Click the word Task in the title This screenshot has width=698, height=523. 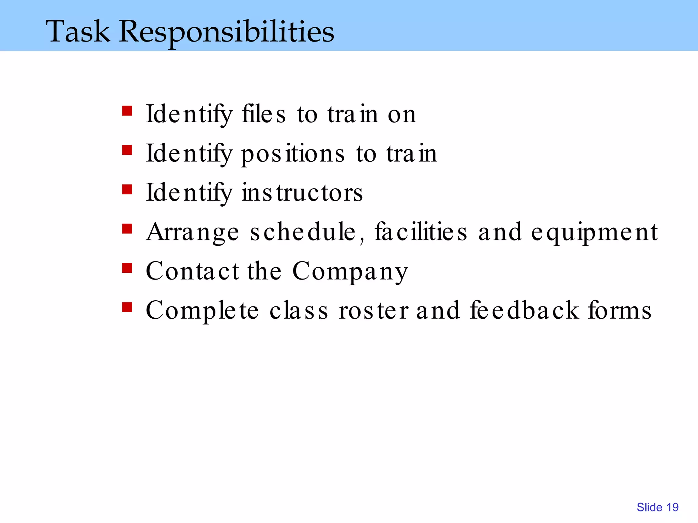point(78,31)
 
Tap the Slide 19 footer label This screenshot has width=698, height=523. point(657,507)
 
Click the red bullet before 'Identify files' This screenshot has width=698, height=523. point(127,111)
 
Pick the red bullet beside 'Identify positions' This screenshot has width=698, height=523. point(127,150)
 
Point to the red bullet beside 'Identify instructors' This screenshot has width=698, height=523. point(127,189)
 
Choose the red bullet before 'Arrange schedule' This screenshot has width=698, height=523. point(127,229)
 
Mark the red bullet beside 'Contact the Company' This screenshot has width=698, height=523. point(127,268)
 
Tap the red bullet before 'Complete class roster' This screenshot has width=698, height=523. point(127,307)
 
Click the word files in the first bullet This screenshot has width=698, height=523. point(263,114)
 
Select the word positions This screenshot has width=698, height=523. point(293,154)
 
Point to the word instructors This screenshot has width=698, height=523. point(302,193)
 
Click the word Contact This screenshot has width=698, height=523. point(193,271)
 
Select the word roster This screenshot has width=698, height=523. point(374,311)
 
